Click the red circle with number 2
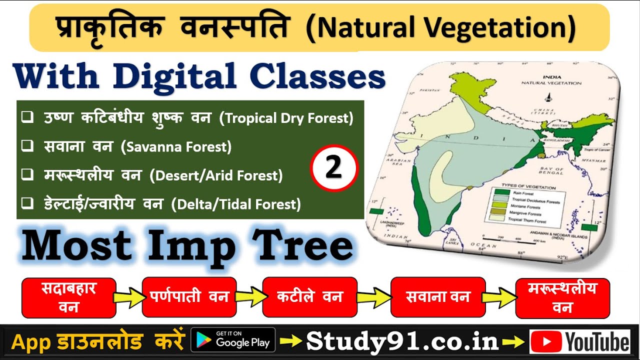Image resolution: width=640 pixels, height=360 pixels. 334,168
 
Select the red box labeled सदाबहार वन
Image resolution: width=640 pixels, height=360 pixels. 69,297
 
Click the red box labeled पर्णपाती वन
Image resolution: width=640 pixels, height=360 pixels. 189,297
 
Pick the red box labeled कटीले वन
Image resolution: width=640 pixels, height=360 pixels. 310,297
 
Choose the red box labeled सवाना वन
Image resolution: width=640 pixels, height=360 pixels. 438,297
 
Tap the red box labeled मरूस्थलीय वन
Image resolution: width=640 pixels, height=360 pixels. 562,298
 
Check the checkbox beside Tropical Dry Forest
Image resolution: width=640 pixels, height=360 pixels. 28,118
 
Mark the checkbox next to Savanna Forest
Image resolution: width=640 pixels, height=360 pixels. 28,146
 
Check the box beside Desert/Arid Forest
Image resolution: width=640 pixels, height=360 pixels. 28,175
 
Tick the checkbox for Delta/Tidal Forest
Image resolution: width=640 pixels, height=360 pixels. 28,203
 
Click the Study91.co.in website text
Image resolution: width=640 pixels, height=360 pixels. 402,341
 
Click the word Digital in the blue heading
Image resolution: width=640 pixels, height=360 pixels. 174,78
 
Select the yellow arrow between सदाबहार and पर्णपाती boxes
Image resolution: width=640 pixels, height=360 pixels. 128,297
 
